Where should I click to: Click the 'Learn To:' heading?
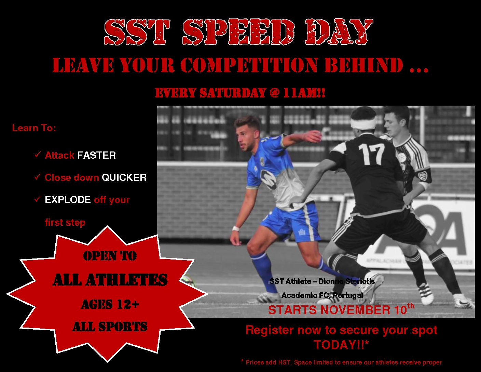pyautogui.click(x=34, y=128)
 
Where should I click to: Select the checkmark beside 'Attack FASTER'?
pyautogui.click(x=38, y=155)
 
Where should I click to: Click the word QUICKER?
pyautogui.click(x=124, y=177)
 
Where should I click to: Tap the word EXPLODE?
pyautogui.click(x=67, y=200)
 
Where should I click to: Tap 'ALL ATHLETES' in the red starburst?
pyautogui.click(x=110, y=280)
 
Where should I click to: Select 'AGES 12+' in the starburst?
pyautogui.click(x=110, y=304)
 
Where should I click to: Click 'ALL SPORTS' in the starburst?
pyautogui.click(x=110, y=327)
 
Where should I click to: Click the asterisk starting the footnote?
pyautogui.click(x=242, y=361)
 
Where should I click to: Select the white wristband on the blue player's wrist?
pyautogui.click(x=236, y=228)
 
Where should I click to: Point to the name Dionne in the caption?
pyautogui.click(x=331, y=281)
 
